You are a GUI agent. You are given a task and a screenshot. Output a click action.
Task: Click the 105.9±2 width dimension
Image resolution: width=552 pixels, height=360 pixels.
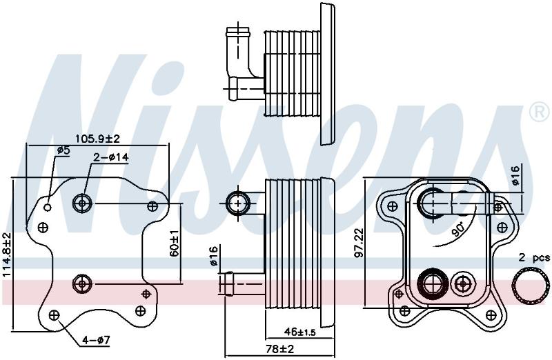(98, 139)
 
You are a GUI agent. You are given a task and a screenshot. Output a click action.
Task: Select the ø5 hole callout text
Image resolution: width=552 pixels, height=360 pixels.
(63, 150)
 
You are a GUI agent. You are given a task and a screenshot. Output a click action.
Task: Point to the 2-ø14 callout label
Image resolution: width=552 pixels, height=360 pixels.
(111, 157)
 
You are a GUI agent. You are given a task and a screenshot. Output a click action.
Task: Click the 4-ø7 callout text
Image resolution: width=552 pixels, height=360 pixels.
(96, 340)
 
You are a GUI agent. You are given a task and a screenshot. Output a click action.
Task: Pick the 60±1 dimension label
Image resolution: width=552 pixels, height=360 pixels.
(175, 243)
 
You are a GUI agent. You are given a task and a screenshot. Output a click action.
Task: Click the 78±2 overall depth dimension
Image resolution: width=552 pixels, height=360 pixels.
(280, 349)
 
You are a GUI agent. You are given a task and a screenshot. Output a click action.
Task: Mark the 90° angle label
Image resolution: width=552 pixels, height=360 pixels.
(459, 230)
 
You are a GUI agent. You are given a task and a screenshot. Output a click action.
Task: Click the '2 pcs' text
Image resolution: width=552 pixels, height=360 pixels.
(533, 258)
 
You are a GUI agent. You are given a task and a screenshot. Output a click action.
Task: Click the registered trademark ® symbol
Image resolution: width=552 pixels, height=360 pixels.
(540, 112)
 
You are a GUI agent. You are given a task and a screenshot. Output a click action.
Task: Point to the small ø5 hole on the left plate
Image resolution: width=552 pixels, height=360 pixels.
(48, 208)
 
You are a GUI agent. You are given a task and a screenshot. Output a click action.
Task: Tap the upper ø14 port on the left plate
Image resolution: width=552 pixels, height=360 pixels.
(82, 203)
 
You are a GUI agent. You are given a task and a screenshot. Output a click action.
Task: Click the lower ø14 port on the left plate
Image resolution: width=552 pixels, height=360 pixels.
(82, 283)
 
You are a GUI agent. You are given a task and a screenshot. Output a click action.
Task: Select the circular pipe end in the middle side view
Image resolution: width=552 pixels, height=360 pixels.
(238, 203)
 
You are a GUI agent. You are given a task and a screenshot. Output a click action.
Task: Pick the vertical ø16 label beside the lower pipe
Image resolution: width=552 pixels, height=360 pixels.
(214, 257)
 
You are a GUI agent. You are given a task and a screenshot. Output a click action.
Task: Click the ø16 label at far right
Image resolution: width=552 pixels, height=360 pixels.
(515, 175)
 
